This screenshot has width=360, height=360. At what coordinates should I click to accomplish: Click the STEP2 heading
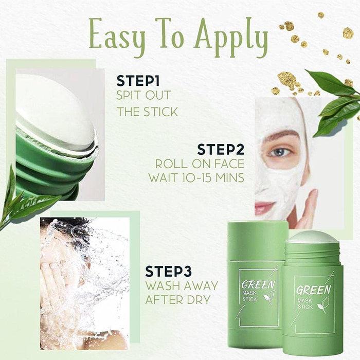221,150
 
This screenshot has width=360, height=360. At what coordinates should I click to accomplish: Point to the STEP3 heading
171,271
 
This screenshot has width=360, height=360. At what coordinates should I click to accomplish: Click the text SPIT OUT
143,96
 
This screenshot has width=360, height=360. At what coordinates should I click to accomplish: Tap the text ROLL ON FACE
200,165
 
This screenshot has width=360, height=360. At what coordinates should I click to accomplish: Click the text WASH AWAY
182,285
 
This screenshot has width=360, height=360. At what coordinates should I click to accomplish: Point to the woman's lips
265,207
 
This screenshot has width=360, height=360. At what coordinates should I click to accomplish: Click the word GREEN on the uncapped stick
313,290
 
